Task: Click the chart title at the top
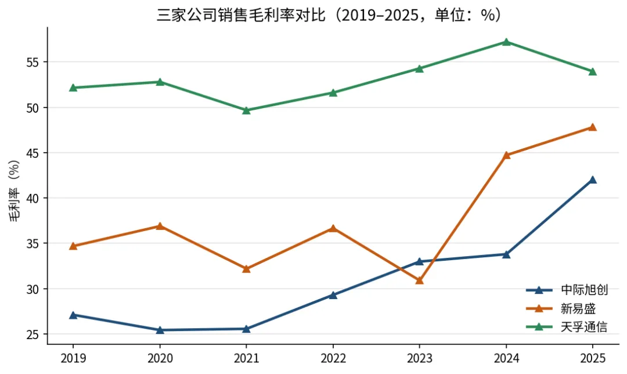[x=329, y=15]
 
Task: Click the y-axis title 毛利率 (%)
[x=14, y=191]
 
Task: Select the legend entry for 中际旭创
[x=567, y=290]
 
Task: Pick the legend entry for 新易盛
[x=561, y=308]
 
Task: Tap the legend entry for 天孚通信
[x=567, y=327]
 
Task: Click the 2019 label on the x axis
[x=73, y=358]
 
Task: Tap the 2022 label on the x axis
[x=333, y=358]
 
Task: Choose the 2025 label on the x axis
[x=593, y=358]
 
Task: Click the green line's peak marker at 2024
[x=506, y=42]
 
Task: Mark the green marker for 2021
[x=246, y=110]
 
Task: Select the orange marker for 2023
[x=420, y=280]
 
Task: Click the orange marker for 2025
[x=593, y=127]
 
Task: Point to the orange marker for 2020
[x=160, y=226]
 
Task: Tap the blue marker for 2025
[x=593, y=179]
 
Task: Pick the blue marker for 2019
[x=73, y=315]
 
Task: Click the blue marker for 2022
[x=333, y=295]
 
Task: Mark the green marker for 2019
[x=73, y=88]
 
